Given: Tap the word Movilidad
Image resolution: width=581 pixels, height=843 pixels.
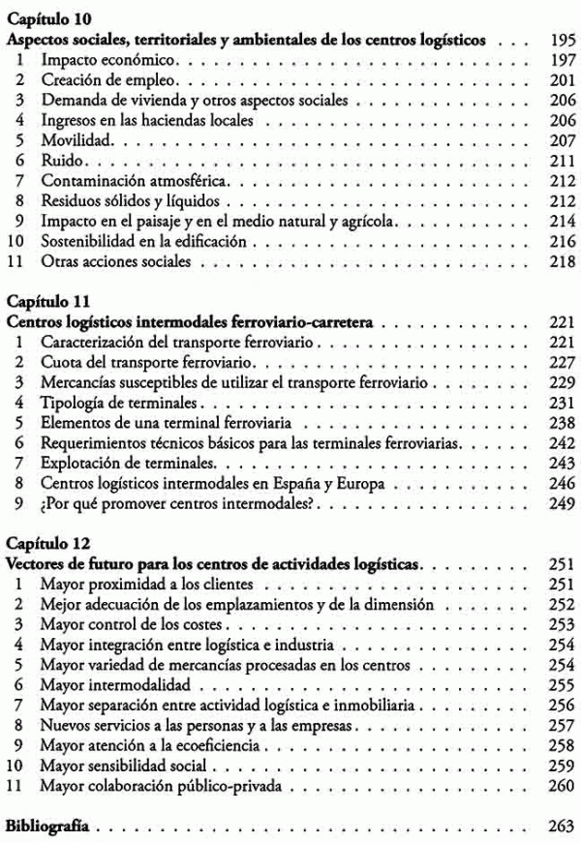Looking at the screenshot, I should [75, 140].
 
